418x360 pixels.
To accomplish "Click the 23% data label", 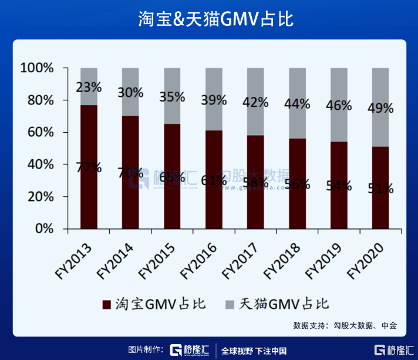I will tap(89, 87).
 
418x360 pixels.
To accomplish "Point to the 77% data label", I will tap(89, 168).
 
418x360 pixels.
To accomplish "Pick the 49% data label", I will tap(380, 108).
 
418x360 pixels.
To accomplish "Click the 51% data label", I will tap(380, 189).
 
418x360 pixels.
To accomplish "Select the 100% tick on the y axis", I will tap(38, 68).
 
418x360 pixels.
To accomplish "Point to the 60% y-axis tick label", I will tap(41, 133).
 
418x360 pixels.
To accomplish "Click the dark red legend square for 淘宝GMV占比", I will tap(106, 304).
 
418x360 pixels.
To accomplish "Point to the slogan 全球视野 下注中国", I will tap(254, 351).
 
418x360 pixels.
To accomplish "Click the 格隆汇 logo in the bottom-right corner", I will tap(394, 351).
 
